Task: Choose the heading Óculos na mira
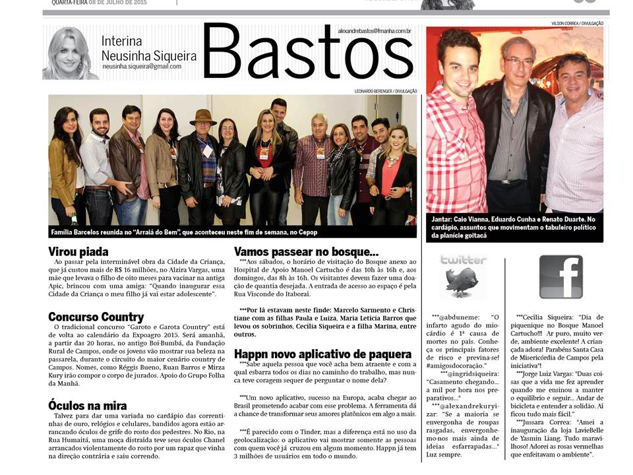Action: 87,406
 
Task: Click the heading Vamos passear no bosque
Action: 307,251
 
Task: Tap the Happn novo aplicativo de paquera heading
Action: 320,354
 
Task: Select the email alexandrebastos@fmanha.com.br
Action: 374,31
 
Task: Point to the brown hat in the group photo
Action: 202,117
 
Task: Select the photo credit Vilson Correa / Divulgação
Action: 577,23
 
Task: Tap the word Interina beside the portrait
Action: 121,41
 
